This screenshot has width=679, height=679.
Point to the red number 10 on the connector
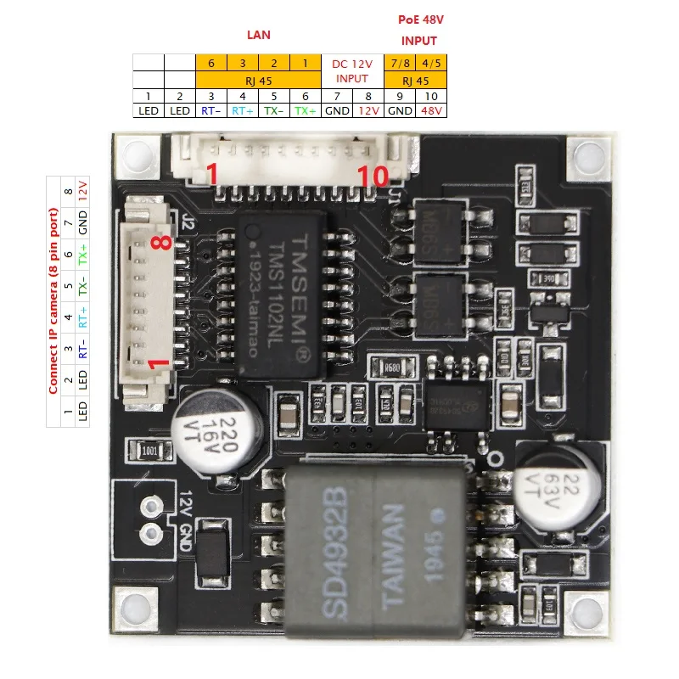373,176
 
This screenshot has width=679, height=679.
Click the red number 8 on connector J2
162,242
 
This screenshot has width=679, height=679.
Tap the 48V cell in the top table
433,110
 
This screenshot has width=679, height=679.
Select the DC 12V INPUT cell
352,70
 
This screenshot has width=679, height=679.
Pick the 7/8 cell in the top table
401,63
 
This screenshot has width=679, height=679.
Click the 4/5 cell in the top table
433,63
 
